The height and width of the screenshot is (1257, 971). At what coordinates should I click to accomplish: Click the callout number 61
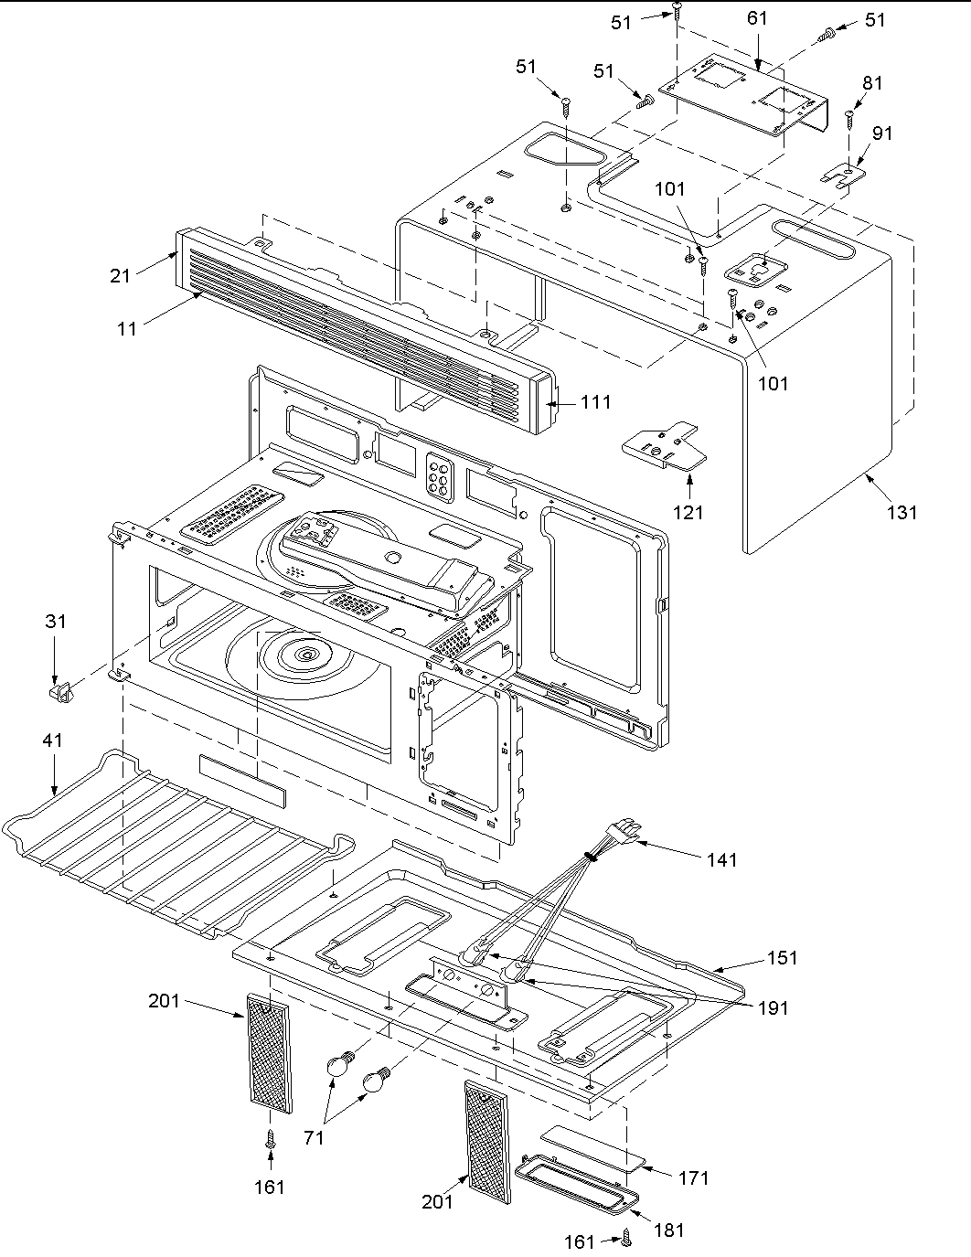[x=757, y=18]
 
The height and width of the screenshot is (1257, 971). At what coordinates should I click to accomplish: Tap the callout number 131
[x=902, y=513]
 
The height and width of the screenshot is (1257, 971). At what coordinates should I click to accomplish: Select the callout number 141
[x=720, y=859]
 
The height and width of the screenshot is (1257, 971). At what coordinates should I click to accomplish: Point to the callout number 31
[x=56, y=622]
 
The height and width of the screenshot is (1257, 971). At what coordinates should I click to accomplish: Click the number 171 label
[x=693, y=1178]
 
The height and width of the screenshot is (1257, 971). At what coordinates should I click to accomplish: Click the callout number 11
[x=127, y=328]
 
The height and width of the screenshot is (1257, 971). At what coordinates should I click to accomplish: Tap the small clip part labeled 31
[x=59, y=688]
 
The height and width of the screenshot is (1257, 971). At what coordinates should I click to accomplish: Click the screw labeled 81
[x=849, y=116]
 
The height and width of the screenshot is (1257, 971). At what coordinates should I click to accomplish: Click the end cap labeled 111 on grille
[x=550, y=402]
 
